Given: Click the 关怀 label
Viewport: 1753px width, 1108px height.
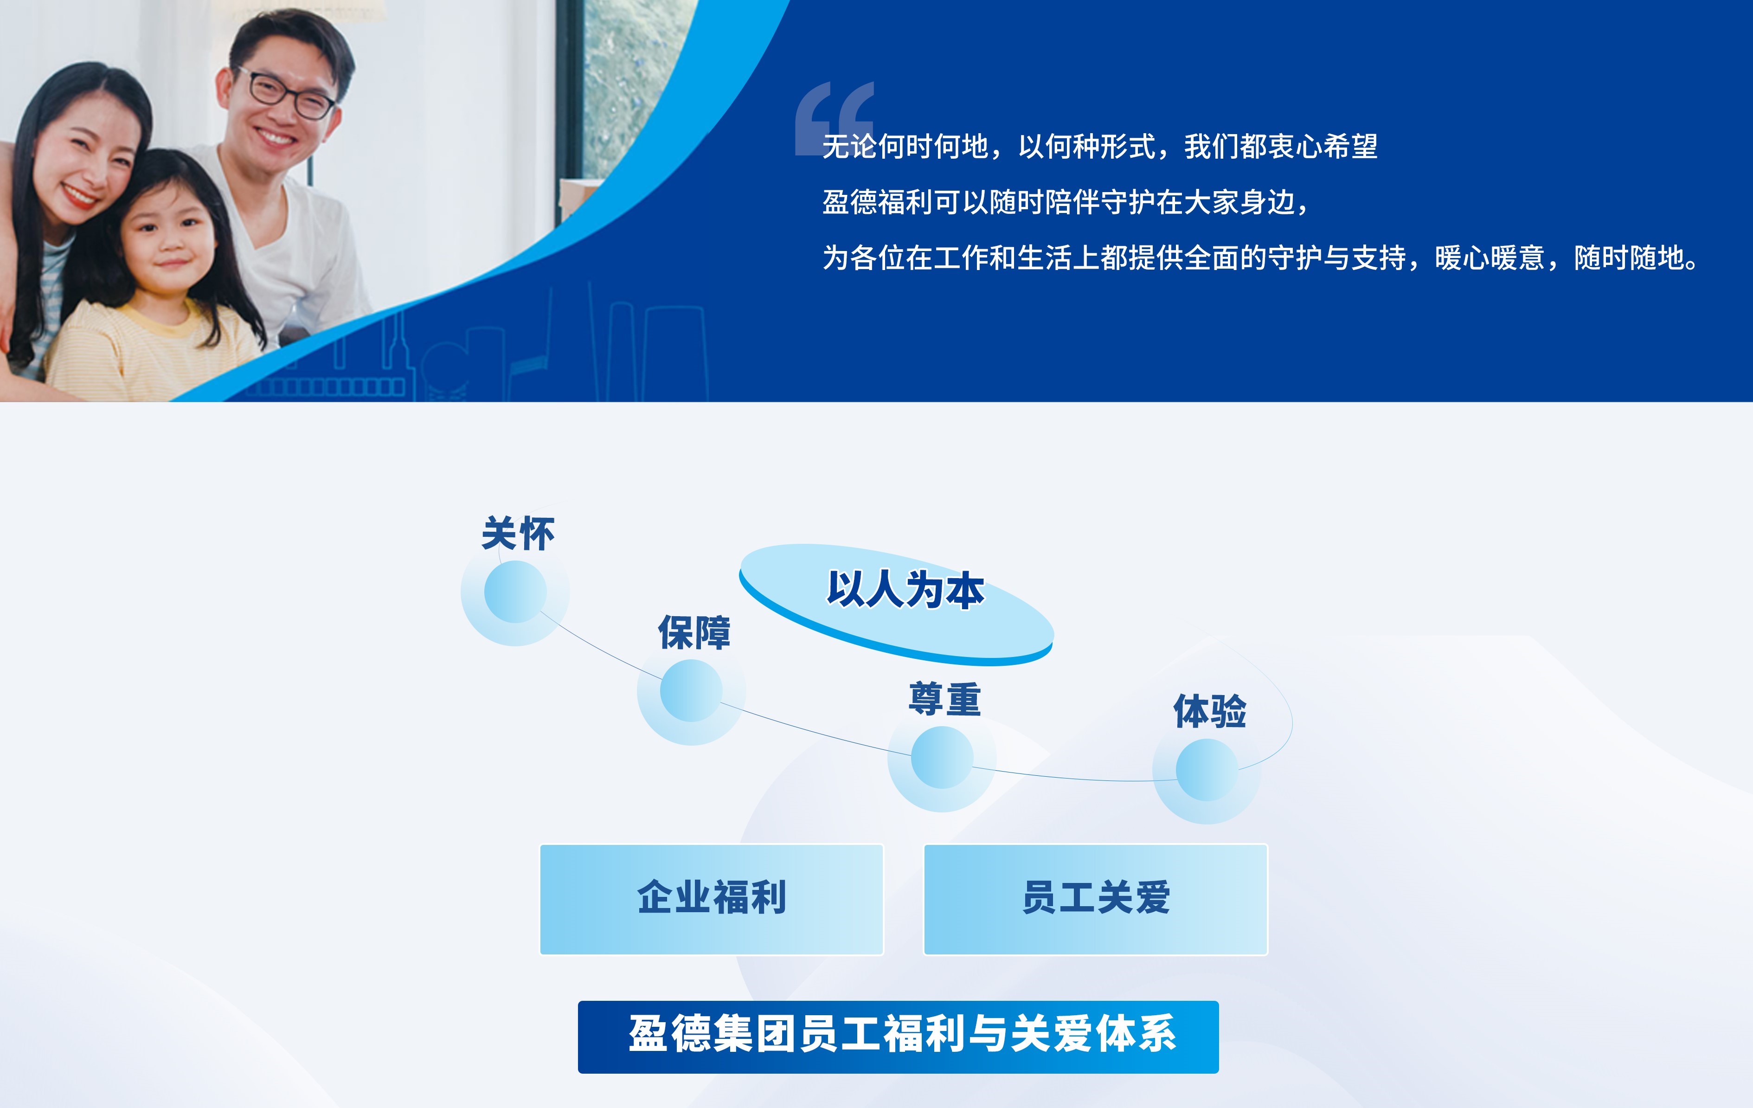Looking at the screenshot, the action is pos(518,534).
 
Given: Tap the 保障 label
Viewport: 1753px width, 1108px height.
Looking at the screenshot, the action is pos(694,632).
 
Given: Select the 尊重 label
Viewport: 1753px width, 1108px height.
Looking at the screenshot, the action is pos(944,699).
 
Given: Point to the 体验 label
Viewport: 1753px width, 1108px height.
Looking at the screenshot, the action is pos(1209,711).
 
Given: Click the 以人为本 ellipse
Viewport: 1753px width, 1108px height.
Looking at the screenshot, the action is pos(896,604).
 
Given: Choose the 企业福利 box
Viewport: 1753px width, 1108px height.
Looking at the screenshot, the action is pos(711,899).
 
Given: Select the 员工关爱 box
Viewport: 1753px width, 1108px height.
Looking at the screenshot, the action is pos(1096,899).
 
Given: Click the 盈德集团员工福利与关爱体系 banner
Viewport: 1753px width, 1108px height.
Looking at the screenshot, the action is pos(899,1037).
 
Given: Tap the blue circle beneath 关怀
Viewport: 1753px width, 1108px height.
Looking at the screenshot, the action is pos(515,592).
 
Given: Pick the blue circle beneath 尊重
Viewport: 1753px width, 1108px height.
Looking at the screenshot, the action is pos(942,757).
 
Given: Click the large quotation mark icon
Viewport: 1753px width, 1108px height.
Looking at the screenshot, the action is pos(834,118).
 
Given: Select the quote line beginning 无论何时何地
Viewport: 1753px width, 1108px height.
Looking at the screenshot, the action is pos(1099,146).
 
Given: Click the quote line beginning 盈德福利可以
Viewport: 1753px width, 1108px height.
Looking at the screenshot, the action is pos(1066,202).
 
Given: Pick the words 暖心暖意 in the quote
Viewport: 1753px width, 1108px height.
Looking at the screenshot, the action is pos(1490,258).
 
